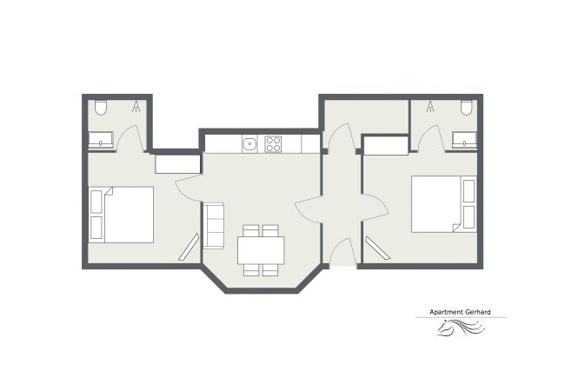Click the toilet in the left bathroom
coord(101,108)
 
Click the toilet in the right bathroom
coord(466,108)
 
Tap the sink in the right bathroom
coord(463,139)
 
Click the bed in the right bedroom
coord(443,204)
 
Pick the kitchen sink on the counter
coord(249,143)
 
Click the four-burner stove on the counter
coord(274,143)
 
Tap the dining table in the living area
coord(261,250)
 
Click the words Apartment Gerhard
coord(460,313)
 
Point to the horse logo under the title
coord(459,329)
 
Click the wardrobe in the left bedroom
coord(177,162)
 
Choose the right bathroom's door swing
coord(435,136)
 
